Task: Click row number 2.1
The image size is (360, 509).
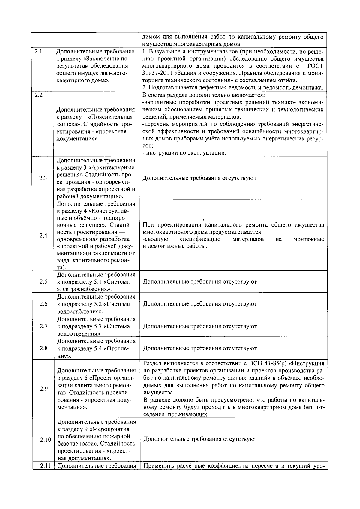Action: pos(38,51)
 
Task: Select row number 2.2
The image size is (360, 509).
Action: pos(38,95)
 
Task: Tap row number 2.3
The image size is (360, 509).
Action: pos(43,178)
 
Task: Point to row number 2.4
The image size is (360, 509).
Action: pos(43,236)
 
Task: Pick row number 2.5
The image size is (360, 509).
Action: pos(43,282)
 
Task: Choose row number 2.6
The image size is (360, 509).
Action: pos(43,304)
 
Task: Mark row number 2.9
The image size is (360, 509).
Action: pos(44,389)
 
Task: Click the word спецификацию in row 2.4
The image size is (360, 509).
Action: pos(200,239)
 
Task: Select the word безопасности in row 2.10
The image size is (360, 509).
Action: pos(77,444)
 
